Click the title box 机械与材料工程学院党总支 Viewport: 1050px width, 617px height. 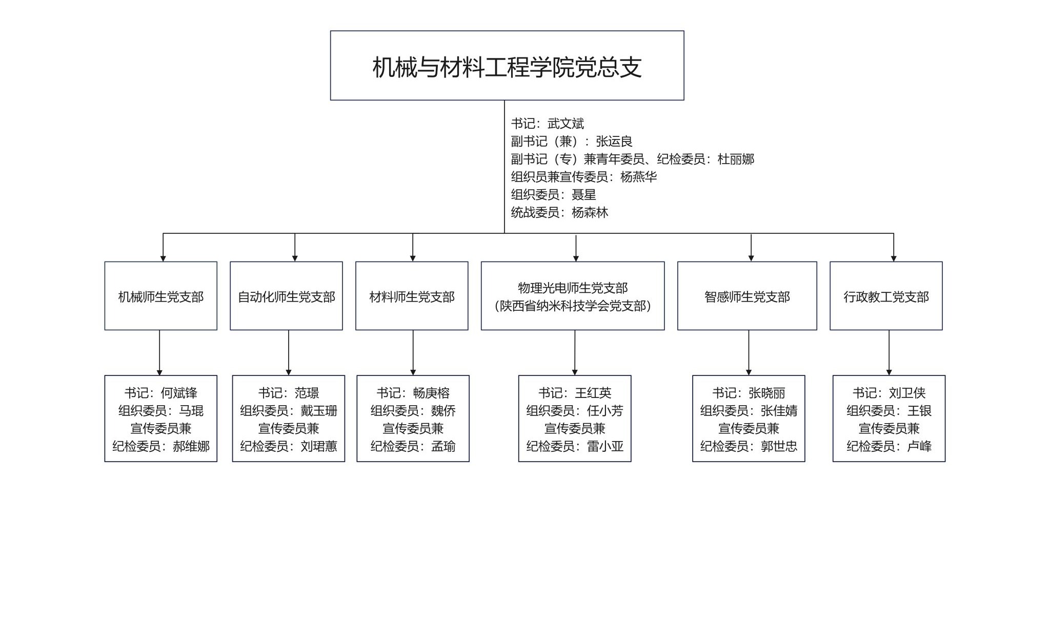click(507, 66)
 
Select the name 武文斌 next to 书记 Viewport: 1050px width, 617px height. click(566, 124)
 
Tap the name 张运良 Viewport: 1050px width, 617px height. click(614, 142)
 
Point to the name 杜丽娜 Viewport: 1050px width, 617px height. click(736, 160)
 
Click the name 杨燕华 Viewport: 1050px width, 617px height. click(638, 177)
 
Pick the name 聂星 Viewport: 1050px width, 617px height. click(583, 195)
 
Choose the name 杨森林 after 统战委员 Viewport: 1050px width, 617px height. click(590, 213)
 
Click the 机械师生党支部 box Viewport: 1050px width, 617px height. click(160, 296)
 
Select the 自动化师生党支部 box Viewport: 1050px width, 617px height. click(286, 296)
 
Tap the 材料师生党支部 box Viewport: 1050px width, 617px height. click(412, 296)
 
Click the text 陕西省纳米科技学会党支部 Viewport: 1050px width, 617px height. click(573, 306)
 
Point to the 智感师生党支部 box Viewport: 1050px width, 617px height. click(747, 296)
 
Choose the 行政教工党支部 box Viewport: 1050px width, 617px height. click(886, 296)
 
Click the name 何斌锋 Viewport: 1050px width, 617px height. click(179, 393)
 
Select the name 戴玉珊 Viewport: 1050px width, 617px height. click(319, 411)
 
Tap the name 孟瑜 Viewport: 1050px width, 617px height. click(443, 447)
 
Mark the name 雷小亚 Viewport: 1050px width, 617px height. click(605, 447)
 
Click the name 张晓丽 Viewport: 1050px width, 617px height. click(766, 393)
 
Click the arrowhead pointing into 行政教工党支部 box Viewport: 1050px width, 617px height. click(894, 258)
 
